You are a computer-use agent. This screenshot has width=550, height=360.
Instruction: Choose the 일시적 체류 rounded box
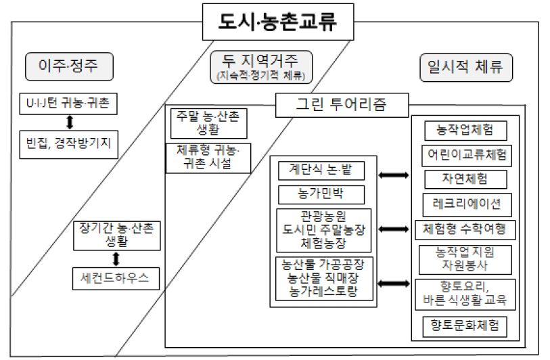[x=465, y=67]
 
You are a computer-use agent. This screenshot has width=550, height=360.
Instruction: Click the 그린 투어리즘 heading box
[x=342, y=105]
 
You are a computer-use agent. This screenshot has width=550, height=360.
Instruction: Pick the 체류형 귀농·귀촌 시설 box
[x=208, y=157]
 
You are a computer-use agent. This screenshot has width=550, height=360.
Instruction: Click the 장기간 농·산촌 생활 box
[x=116, y=234]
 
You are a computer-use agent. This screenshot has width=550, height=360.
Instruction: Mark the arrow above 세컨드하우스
[x=116, y=258]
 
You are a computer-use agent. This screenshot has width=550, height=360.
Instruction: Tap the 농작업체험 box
[x=465, y=130]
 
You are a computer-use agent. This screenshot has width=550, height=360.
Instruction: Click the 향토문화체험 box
[x=465, y=326]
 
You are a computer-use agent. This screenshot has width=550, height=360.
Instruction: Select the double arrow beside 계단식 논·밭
[x=394, y=175]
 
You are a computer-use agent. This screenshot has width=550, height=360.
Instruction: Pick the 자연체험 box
[x=465, y=179]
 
